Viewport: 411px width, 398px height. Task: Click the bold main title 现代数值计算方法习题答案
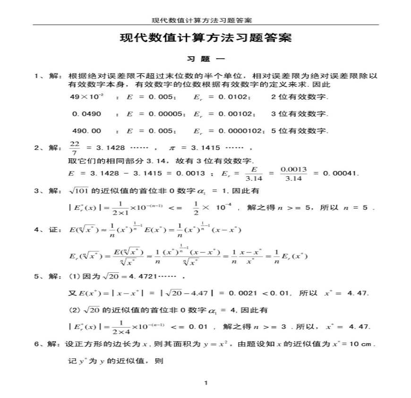click(x=206, y=38)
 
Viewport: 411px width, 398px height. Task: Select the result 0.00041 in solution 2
click(x=341, y=173)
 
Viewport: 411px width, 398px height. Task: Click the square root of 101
click(x=78, y=190)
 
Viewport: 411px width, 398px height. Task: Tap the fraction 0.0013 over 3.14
click(x=294, y=173)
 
